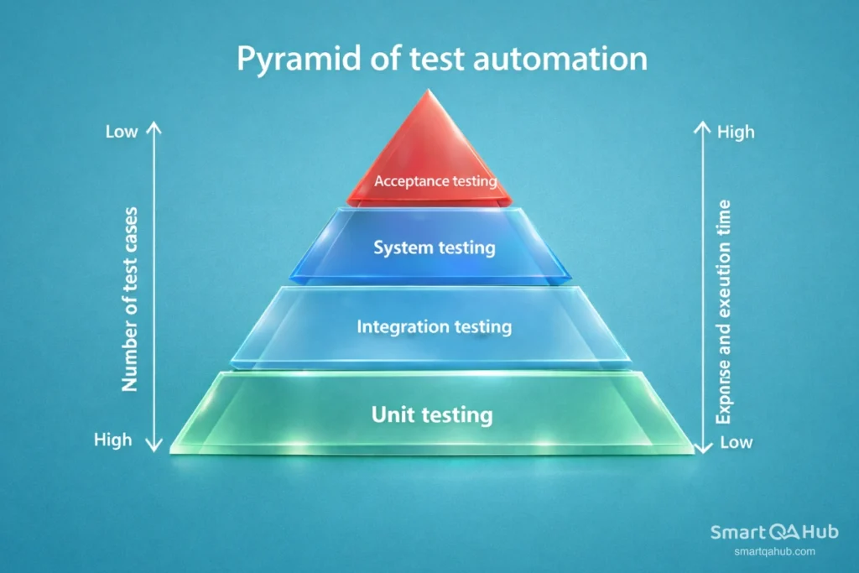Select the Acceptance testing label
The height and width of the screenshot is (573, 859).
[435, 180]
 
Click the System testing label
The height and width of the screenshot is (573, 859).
[435, 248]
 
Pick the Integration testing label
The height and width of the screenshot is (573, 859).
[434, 326]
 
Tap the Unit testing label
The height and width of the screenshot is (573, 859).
[432, 414]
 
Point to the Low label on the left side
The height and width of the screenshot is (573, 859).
[122, 132]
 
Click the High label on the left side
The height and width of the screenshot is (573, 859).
[112, 439]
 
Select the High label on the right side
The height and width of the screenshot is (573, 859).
[736, 132]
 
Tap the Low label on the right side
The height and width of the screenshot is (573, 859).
[737, 441]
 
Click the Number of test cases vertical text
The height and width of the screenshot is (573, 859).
[129, 299]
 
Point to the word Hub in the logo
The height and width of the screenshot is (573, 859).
[817, 532]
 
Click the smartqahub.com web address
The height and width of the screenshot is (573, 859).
[774, 551]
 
